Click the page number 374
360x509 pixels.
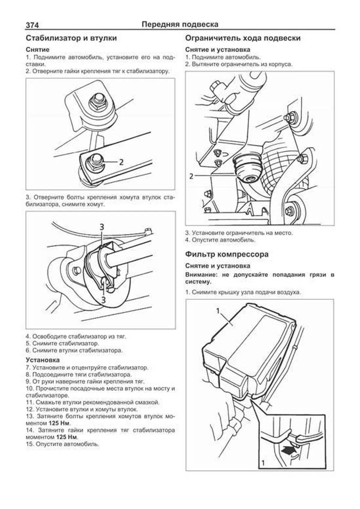[x=32, y=25]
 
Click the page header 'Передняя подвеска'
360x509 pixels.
[x=180, y=24]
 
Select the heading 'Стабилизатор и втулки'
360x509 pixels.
[x=71, y=38]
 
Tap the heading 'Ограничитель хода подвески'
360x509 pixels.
[x=243, y=38]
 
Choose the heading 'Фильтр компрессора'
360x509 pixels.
[x=226, y=254]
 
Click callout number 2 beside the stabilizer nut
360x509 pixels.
[x=121, y=162]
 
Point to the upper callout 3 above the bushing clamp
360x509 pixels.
[x=102, y=227]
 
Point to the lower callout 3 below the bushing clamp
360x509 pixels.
[x=103, y=299]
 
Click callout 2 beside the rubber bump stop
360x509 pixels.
[x=191, y=176]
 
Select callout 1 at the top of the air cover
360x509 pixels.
[x=218, y=311]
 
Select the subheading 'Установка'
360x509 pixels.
[x=43, y=360]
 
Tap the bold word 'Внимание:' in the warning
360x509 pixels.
[x=198, y=275]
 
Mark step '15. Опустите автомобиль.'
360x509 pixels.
[x=62, y=444]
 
